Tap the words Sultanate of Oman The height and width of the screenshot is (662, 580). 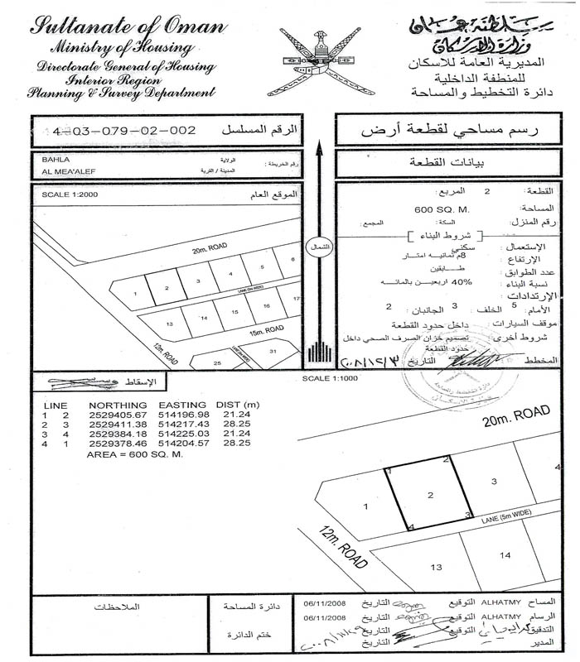click(128, 26)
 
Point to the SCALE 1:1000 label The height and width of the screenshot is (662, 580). click(329, 378)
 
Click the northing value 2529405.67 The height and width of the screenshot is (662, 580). click(118, 414)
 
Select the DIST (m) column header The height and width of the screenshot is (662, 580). click(238, 404)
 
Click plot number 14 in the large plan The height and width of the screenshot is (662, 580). click(505, 555)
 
